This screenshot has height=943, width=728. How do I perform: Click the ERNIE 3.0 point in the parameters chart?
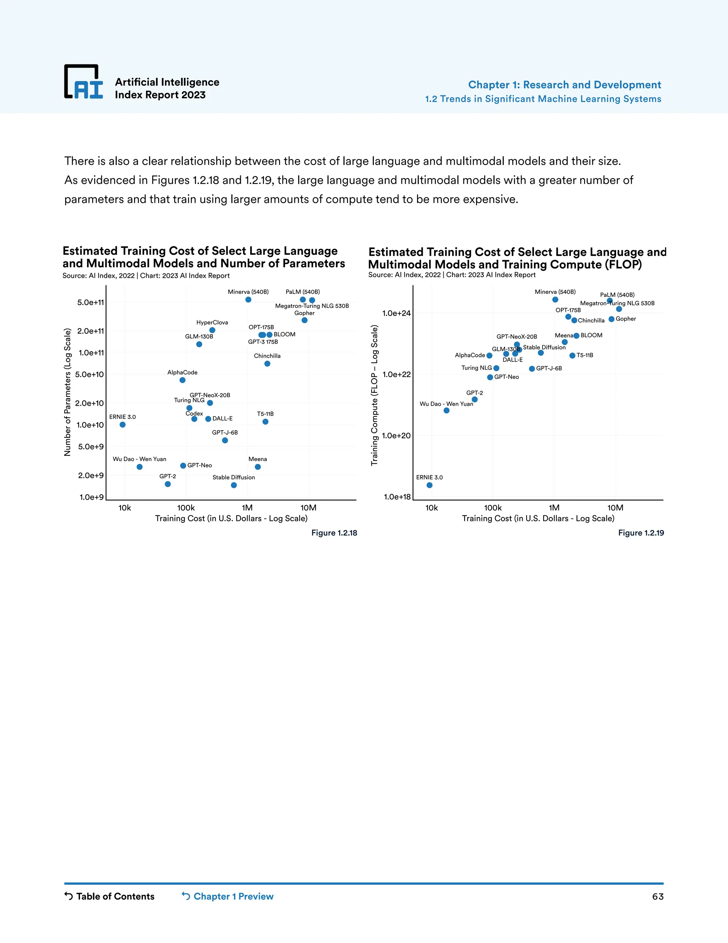(x=123, y=425)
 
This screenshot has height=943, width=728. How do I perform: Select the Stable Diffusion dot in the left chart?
(x=234, y=485)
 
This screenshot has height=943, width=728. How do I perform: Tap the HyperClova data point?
(x=212, y=330)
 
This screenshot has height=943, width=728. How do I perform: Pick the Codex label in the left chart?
(x=194, y=413)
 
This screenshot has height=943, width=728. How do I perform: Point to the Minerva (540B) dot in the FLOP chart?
(x=555, y=300)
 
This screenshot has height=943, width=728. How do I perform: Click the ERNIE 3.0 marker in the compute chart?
(x=429, y=485)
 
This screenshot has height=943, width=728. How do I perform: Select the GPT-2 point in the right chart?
(x=475, y=399)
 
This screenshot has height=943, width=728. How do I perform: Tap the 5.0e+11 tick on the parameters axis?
(x=91, y=302)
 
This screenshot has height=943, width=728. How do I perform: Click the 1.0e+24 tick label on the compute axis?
(x=396, y=313)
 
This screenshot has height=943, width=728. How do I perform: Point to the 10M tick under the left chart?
(x=308, y=508)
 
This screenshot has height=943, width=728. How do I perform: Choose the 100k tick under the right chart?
(x=493, y=508)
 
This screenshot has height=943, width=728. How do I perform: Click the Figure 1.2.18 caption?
(x=334, y=533)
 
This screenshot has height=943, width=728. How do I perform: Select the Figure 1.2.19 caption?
(x=641, y=533)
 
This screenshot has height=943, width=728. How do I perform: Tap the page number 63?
(x=658, y=896)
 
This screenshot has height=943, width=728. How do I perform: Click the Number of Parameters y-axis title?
(x=67, y=392)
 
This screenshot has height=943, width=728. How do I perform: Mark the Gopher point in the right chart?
(x=611, y=319)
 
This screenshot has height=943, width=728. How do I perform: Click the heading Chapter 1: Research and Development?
(x=564, y=85)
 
